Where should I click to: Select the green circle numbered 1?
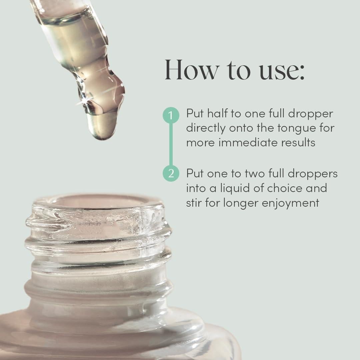[x=171, y=115]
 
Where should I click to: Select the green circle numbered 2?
[x=171, y=174]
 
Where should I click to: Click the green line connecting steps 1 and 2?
[x=171, y=144]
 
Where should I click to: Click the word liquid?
[x=229, y=188]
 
